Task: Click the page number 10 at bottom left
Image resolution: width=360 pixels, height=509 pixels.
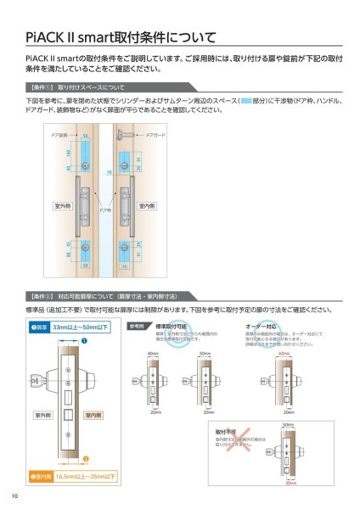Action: pyautogui.click(x=14, y=495)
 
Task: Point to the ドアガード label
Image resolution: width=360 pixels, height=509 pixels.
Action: pyautogui.click(x=157, y=134)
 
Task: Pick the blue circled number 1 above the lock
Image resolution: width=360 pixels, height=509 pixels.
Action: pyautogui.click(x=85, y=340)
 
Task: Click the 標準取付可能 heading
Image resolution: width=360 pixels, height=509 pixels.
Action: pyautogui.click(x=171, y=326)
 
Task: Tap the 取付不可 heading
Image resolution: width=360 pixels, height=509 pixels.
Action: pyautogui.click(x=225, y=430)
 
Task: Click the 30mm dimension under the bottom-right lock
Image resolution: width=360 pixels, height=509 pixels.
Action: pyautogui.click(x=290, y=482)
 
